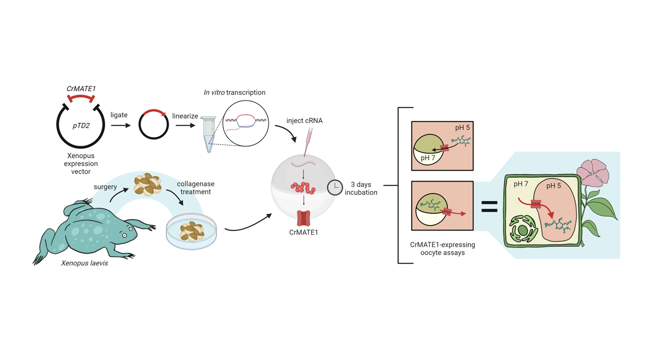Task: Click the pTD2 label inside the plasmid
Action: [80, 125]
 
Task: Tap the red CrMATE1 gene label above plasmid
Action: [82, 89]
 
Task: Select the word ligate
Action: [119, 115]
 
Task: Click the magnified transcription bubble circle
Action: [245, 123]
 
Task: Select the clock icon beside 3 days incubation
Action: [335, 187]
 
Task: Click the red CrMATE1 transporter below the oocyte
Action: [303, 217]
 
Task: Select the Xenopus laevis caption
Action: [84, 263]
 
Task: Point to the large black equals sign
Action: [489, 206]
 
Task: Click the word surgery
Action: [106, 187]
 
